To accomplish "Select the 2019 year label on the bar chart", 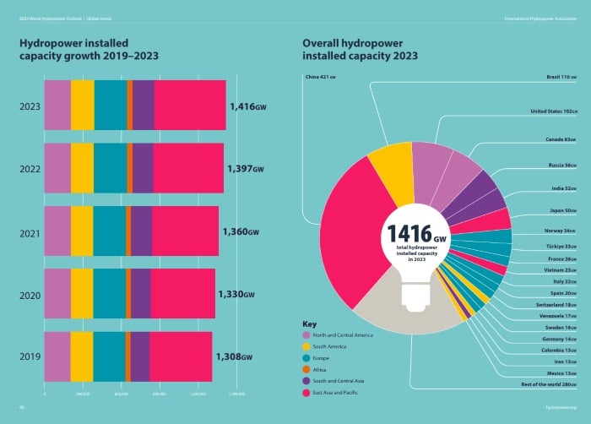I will click(x=30, y=357).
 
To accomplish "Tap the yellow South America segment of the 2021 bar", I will click(x=82, y=231).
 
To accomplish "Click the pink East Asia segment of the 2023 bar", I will click(x=190, y=106).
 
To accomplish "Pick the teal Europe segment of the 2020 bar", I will click(x=110, y=294).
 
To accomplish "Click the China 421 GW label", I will click(x=321, y=78).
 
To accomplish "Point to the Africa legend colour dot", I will click(x=306, y=370).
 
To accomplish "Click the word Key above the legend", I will click(x=309, y=323).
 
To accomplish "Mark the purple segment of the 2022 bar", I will click(x=143, y=168).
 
